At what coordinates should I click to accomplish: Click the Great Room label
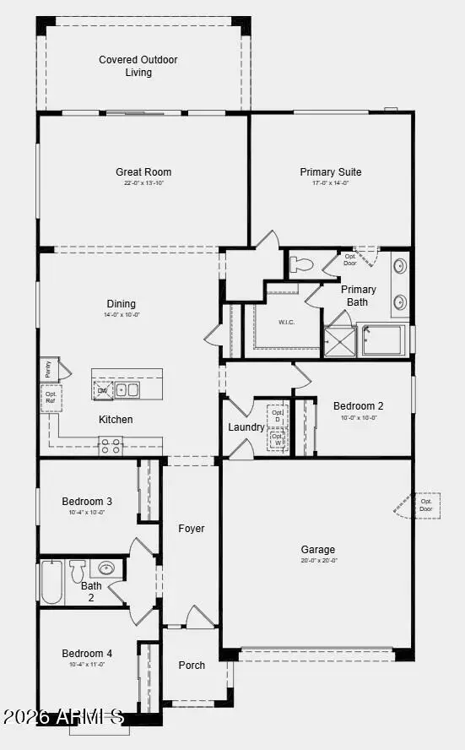coord(143,172)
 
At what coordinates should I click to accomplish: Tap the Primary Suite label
coord(330,172)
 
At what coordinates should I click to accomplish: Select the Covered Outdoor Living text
coord(138,66)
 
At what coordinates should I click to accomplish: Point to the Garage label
coord(319,549)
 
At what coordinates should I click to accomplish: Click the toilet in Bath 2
coord(78,568)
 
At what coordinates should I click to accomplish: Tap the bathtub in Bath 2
coord(51,584)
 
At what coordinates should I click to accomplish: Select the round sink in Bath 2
coord(108,568)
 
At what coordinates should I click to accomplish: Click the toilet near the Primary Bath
coord(301,265)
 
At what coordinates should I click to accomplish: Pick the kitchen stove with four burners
coord(111,446)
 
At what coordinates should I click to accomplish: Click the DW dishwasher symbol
coord(103,390)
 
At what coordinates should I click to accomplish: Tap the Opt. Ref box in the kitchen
coord(51,398)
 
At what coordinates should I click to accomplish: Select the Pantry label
coord(48,369)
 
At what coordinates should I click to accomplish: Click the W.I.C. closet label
coord(288,323)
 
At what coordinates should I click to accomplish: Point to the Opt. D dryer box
coord(277,416)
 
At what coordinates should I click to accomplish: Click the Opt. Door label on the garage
coord(426,505)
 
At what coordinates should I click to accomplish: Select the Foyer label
coord(192,529)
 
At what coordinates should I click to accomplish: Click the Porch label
coord(192,666)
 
